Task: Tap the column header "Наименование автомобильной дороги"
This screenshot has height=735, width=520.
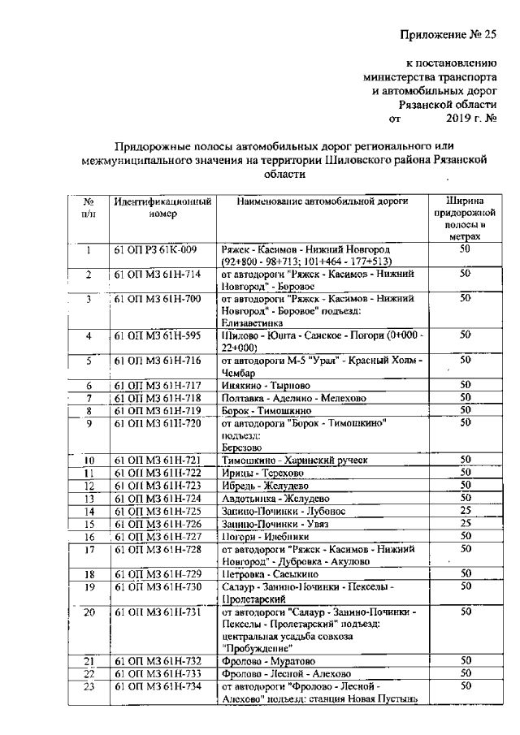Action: coord(323,201)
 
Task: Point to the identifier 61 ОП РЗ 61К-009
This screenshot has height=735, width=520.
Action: coord(155,248)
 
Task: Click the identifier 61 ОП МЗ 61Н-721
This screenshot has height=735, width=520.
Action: coord(157,460)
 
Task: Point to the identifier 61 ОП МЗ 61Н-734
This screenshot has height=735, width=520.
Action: coord(157,688)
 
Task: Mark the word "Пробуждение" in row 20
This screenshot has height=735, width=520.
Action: coord(258,647)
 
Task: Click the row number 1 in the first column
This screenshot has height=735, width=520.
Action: coord(89,248)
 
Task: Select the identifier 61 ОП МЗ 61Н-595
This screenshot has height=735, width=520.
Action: coord(157,335)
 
